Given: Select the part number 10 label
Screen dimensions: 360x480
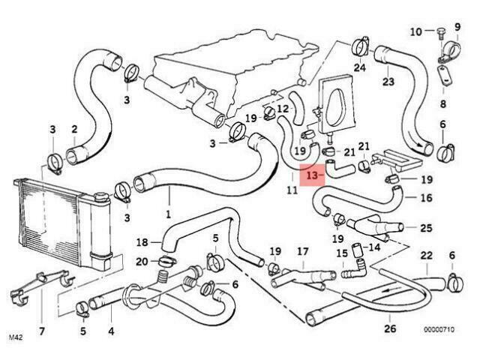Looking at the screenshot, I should tap(416, 31).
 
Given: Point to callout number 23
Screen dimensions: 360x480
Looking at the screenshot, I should tap(388, 81).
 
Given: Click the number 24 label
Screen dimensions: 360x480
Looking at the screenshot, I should tap(360, 67).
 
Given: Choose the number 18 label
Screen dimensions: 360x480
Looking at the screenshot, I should tap(142, 241).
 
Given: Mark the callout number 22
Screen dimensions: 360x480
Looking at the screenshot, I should tap(426, 256).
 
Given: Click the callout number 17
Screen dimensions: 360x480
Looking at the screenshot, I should tap(302, 250).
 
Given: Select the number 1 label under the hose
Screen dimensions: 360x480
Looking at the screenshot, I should tap(169, 212).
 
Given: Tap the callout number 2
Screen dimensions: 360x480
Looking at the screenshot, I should tap(74, 130).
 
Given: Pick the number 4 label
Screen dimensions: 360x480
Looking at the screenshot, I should tap(110, 331).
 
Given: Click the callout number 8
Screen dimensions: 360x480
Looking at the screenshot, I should tap(442, 103).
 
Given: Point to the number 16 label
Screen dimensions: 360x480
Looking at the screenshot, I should tap(426, 198).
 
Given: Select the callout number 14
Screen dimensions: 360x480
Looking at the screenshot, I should tap(374, 246).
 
